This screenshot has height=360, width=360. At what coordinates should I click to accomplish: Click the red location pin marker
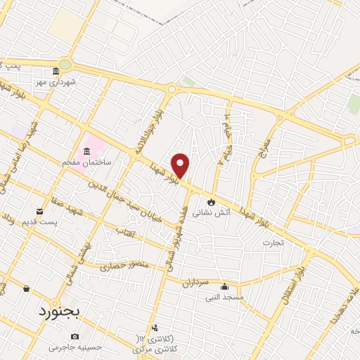tap(181, 165)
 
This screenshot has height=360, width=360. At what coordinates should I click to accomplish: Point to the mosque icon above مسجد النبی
tap(224, 286)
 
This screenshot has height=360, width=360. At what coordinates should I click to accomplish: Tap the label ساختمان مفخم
tap(88, 162)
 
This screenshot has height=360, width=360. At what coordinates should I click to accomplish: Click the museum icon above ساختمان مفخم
tap(87, 152)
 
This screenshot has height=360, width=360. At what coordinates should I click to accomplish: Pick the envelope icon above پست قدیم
tap(39, 211)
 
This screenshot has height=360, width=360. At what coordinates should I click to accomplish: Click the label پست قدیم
tap(40, 222)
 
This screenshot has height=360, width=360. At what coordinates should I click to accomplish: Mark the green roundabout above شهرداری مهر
tap(65, 64)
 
